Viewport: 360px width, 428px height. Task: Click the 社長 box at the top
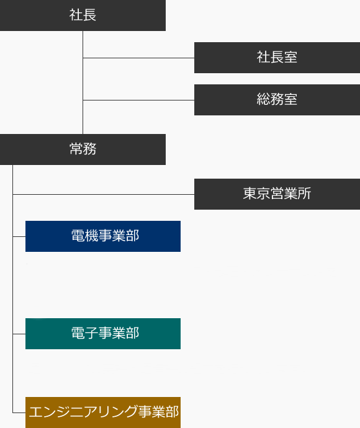coord(83,16)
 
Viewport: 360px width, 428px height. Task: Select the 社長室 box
coord(277,58)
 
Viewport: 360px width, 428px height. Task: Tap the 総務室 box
coord(277,100)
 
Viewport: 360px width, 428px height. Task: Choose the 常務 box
coord(83,149)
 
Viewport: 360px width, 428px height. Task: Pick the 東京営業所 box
coord(277,194)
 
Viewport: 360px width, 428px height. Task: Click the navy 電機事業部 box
coord(103,236)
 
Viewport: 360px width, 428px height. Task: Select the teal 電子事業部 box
coord(103,334)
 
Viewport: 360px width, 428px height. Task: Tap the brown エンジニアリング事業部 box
coord(103,412)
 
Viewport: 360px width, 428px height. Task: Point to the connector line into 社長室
coord(138,58)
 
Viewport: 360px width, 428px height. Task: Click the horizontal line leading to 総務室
coord(138,100)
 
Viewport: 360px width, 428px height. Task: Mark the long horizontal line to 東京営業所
coord(104,194)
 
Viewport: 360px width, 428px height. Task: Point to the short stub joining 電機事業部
coord(19,236)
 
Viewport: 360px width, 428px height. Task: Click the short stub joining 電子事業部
coord(19,334)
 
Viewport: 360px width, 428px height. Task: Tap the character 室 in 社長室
coord(290,57)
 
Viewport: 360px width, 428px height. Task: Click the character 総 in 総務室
coord(263,99)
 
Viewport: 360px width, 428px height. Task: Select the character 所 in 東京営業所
coord(304,194)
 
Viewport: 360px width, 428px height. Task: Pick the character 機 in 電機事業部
coord(91,236)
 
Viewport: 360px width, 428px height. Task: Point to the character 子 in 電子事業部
coord(91,333)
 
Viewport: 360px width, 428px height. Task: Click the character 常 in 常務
coord(76,149)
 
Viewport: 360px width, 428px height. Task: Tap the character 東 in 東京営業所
coord(250,194)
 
